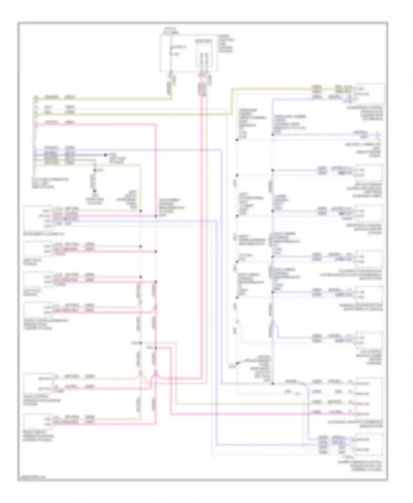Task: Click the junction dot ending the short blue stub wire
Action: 105,155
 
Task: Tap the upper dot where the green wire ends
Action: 94,170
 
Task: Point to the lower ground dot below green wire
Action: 94,191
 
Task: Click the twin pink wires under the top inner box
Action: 202,88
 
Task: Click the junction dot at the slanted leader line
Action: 237,363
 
